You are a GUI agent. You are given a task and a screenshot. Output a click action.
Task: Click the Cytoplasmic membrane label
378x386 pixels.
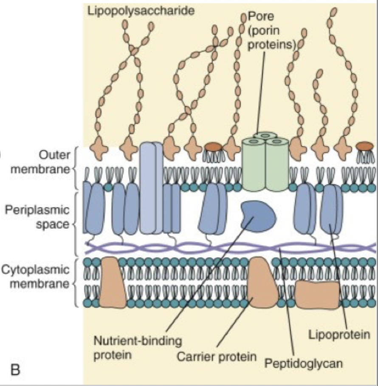[36, 276]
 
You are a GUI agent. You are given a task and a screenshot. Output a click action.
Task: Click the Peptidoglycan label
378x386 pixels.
[303, 363]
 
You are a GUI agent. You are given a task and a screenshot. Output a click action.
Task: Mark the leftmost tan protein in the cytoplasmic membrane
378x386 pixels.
[113, 282]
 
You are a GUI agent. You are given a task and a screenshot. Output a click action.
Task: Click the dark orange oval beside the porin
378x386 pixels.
[213, 147]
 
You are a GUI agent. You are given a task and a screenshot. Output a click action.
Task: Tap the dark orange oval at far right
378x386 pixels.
[364, 147]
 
